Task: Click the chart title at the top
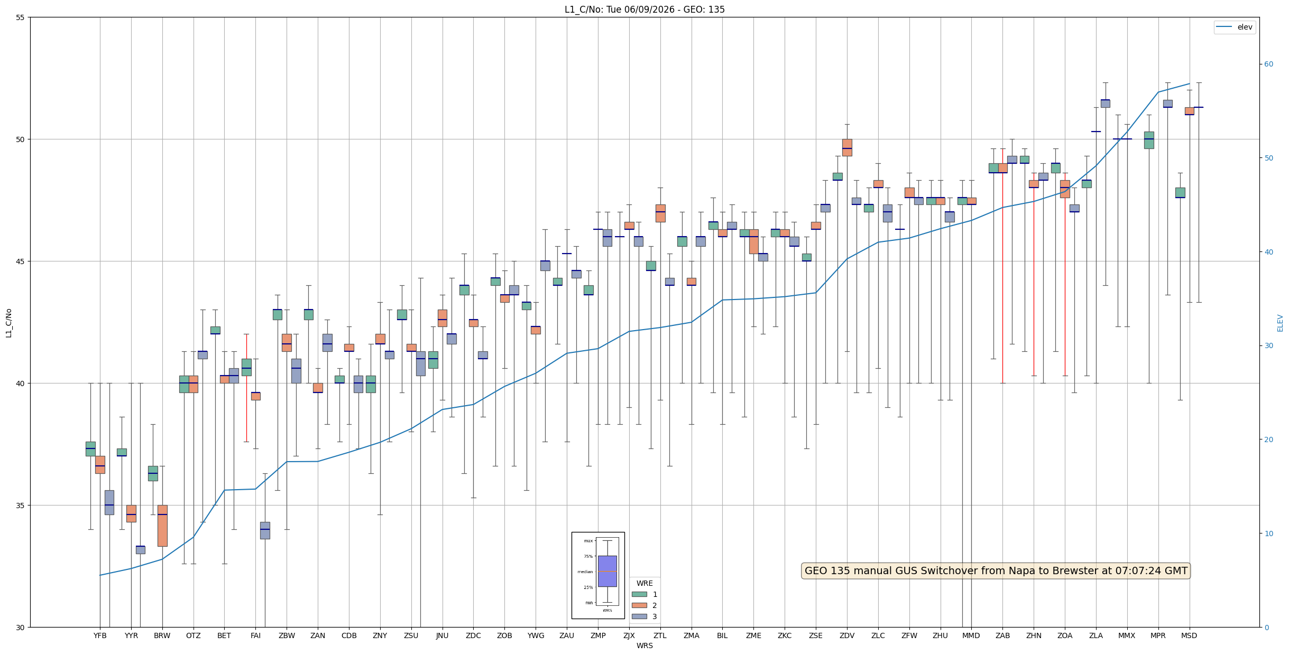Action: coord(644,10)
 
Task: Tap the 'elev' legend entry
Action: coord(1234,27)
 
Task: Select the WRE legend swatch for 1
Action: coord(639,594)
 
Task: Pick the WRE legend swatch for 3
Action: coord(639,616)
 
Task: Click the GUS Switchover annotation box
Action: coord(996,570)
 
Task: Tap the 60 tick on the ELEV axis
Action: coord(1268,64)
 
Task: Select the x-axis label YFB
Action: coord(100,635)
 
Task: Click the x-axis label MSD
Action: coord(1189,635)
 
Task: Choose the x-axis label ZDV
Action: coord(847,635)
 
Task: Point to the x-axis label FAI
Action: coord(255,635)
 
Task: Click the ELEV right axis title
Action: coord(1280,323)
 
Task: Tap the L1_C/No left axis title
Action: coord(8,323)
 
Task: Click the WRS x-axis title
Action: coord(644,645)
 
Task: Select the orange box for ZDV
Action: coord(847,147)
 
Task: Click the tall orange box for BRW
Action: coord(162,526)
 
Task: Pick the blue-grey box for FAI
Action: coord(265,530)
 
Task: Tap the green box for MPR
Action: coord(1149,140)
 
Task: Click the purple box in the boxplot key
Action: coord(607,571)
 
